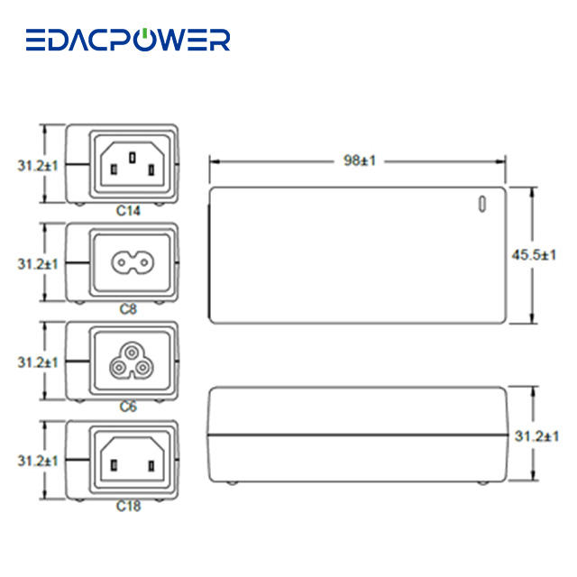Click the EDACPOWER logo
128,40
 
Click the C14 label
129,210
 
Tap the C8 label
129,308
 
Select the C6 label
129,407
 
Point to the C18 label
129,506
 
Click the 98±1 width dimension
360,160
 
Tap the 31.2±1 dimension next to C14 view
38,166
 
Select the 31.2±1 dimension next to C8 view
38,264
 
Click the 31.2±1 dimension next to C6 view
38,362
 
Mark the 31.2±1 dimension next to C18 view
38,461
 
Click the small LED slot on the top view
481,205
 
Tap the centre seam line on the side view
357,435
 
